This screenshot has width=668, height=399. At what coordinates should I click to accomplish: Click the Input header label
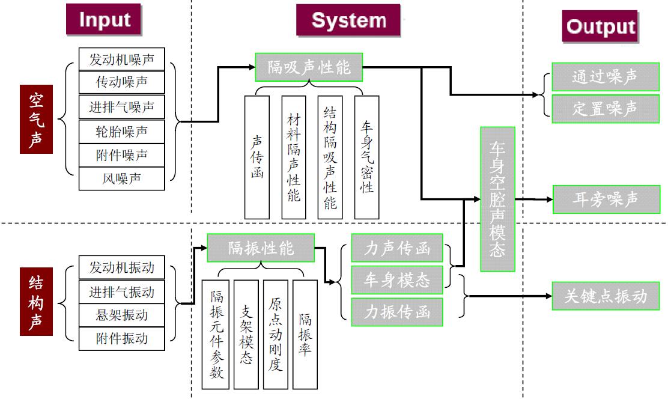104,20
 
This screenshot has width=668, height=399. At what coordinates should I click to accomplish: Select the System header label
348,20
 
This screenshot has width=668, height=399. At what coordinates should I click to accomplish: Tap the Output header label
600,26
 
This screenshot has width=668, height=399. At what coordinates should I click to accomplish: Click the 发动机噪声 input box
121,59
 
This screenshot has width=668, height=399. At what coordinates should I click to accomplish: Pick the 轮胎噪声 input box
121,131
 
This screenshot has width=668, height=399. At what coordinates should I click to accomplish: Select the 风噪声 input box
121,178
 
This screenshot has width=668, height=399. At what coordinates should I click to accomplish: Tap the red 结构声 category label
37,303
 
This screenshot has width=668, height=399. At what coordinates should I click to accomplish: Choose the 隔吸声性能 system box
309,67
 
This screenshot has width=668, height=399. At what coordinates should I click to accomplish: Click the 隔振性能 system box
261,248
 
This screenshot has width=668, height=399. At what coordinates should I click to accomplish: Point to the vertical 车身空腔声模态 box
497,199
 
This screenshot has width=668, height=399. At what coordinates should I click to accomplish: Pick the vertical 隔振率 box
305,334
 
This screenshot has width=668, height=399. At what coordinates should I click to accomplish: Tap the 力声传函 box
397,249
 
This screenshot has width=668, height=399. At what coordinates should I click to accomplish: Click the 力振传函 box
397,312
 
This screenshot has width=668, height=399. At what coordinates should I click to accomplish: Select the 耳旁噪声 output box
606,199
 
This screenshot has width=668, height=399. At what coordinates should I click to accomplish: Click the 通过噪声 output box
606,77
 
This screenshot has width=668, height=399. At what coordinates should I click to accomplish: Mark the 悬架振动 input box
121,315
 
